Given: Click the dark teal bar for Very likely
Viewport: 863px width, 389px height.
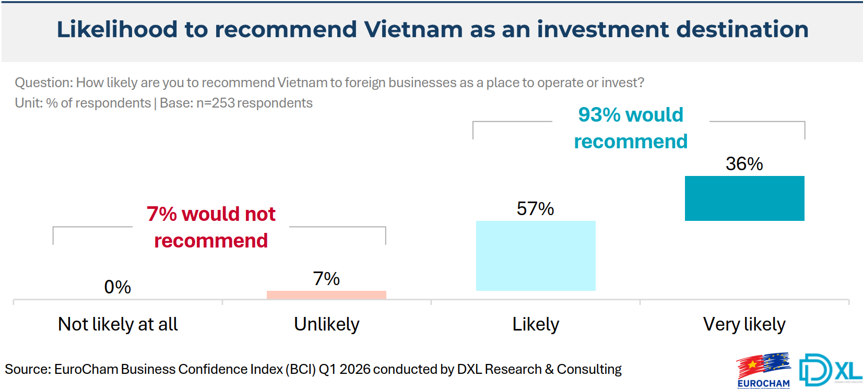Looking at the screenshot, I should pyautogui.click(x=744, y=198).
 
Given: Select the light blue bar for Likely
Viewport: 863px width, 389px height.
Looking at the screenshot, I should pyautogui.click(x=536, y=256).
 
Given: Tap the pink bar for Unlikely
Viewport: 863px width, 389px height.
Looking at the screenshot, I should pyautogui.click(x=326, y=295).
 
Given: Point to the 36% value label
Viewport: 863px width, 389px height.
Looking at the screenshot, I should pyautogui.click(x=744, y=164).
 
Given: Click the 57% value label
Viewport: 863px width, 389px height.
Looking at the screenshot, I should pyautogui.click(x=535, y=209).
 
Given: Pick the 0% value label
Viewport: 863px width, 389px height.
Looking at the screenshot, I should pyautogui.click(x=117, y=287).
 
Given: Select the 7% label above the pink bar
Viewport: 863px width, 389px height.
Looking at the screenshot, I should pyautogui.click(x=326, y=279).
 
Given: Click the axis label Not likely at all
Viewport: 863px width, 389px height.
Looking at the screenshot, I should pyautogui.click(x=118, y=324).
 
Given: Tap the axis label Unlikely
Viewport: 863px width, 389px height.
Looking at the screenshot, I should pyautogui.click(x=327, y=324).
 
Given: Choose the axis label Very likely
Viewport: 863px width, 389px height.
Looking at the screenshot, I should pyautogui.click(x=744, y=324).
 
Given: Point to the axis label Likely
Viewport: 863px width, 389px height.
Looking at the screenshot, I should pyautogui.click(x=536, y=324).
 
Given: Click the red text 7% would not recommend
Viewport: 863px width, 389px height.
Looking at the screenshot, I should pyautogui.click(x=211, y=227).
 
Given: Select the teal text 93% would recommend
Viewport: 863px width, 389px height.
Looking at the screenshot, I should pyautogui.click(x=631, y=128).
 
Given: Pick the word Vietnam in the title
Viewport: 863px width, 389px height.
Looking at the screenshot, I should pyautogui.click(x=413, y=29).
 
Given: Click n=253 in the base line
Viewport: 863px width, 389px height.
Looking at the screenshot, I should pyautogui.click(x=216, y=103).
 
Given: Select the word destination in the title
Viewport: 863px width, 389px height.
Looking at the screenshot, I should pyautogui.click(x=742, y=29).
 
